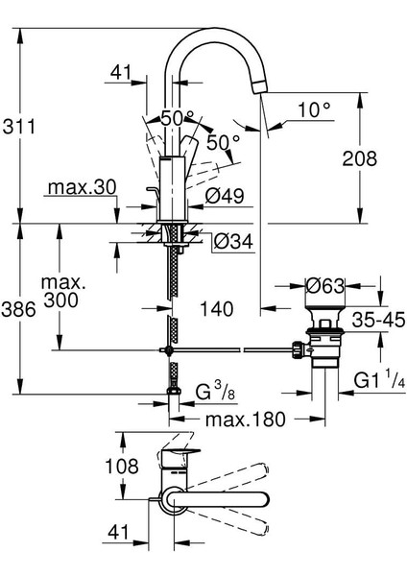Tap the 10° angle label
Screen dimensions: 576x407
312,111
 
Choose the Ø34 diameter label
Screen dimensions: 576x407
231,240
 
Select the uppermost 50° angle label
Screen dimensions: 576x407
178,117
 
